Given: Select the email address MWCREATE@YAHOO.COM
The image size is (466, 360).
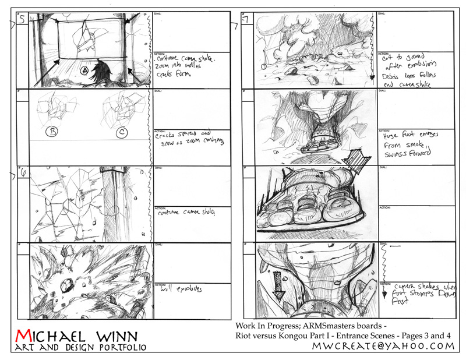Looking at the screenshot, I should pos(383,347).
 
